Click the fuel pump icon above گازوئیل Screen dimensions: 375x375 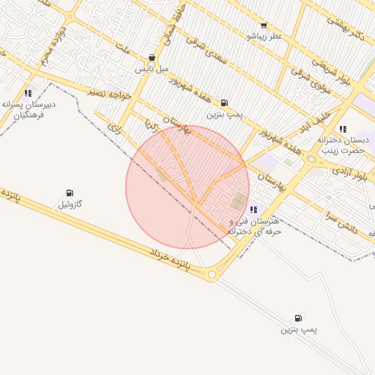tap(70, 193)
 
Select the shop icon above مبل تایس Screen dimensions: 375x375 tap(152, 58)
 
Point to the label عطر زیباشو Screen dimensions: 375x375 tap(264, 35)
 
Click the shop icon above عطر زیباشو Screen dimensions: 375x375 tap(264, 25)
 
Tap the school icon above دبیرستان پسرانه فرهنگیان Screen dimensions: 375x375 tap(28, 93)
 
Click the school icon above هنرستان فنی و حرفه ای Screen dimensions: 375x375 tap(253, 210)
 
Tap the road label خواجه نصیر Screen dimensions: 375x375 tap(110, 94)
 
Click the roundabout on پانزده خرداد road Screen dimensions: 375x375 tap(212, 275)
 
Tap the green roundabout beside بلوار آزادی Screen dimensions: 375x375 tap(311, 159)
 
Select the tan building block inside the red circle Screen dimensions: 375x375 tap(240, 201)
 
